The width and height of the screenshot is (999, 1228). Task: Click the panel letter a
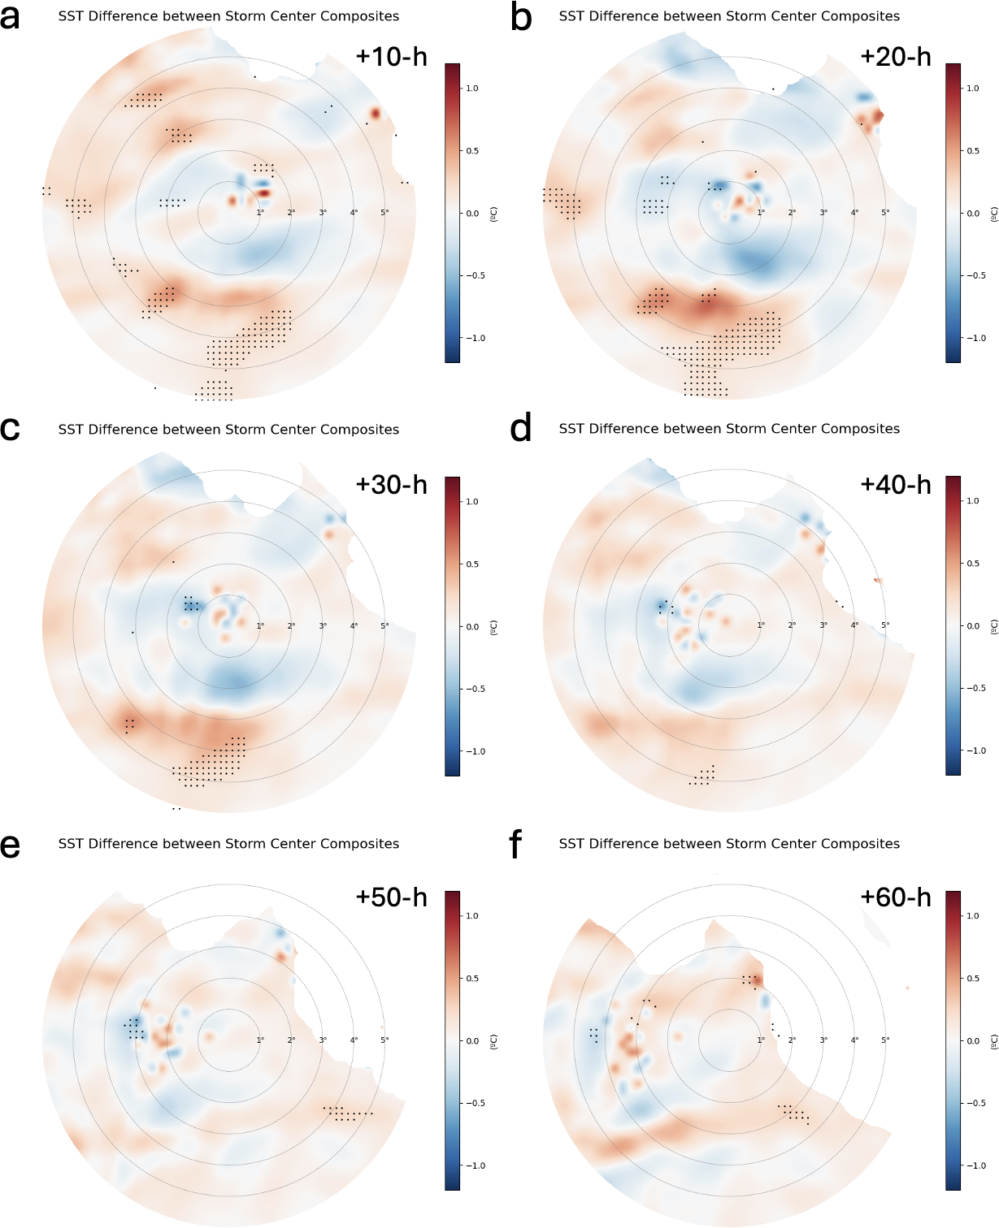[x=11, y=17]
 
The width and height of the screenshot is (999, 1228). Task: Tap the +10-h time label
[x=391, y=56]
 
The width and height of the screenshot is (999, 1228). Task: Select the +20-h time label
[x=895, y=56]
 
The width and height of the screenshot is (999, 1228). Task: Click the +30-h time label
[x=391, y=484]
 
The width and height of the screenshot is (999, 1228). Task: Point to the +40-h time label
[x=895, y=484]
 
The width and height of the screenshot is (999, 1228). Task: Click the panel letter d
[x=520, y=428]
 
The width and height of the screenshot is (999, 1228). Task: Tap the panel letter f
[x=515, y=845]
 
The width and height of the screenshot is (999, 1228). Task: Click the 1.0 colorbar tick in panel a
[x=472, y=89]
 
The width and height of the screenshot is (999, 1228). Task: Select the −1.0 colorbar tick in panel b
[x=971, y=338]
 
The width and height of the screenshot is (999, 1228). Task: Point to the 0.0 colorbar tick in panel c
[x=472, y=627]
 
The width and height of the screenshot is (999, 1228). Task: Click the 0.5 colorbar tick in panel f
[x=973, y=979]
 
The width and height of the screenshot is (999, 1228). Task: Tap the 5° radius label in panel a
[x=384, y=213]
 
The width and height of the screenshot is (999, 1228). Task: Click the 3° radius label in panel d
[x=823, y=625]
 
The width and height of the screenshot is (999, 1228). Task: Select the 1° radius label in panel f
[x=761, y=1040]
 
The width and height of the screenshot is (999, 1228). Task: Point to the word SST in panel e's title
[x=71, y=844]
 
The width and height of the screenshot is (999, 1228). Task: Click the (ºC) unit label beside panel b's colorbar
[x=994, y=214]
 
